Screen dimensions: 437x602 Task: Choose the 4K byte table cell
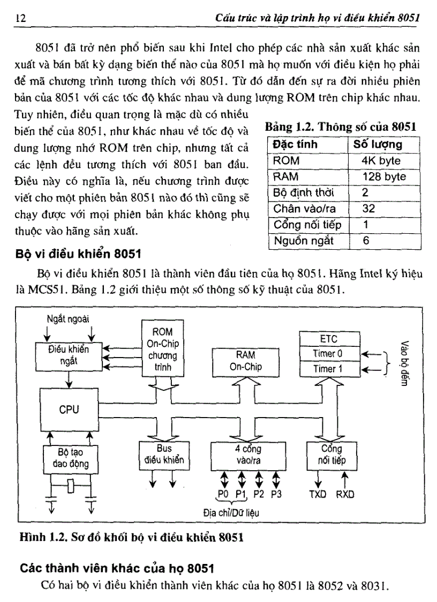click(x=381, y=160)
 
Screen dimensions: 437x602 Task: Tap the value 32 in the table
click(x=368, y=209)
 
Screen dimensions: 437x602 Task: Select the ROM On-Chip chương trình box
click(x=162, y=350)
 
